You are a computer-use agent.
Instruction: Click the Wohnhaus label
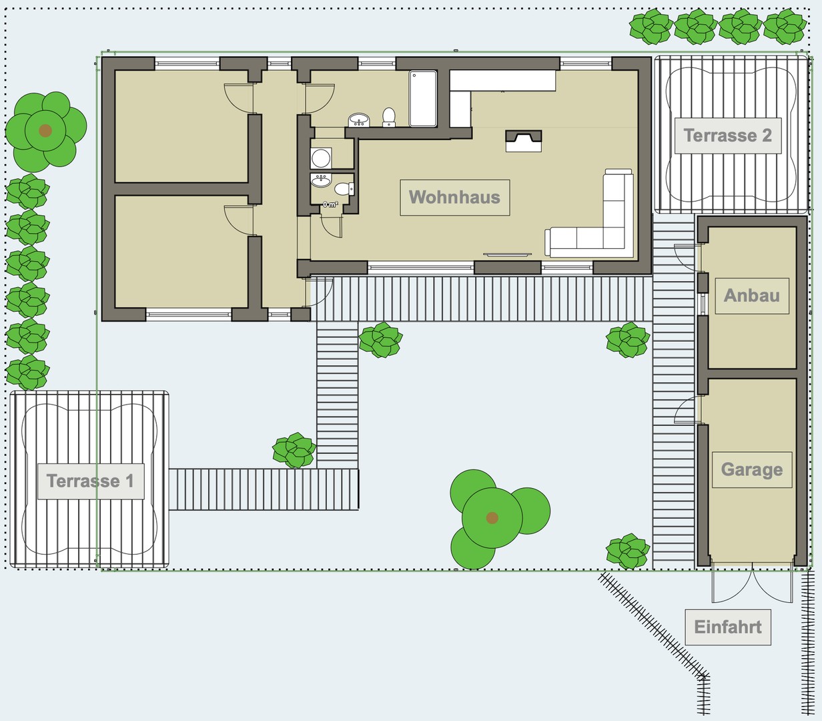pyautogui.click(x=454, y=197)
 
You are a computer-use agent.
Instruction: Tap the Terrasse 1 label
pyautogui.click(x=90, y=481)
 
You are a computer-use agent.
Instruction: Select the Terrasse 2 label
pyautogui.click(x=727, y=136)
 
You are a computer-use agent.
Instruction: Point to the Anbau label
pyautogui.click(x=751, y=295)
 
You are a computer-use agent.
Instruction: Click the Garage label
pyautogui.click(x=751, y=469)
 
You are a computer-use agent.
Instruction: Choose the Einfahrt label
pyautogui.click(x=727, y=627)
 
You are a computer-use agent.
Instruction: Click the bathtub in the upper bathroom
pyautogui.click(x=423, y=99)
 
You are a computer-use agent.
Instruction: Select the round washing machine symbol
pyautogui.click(x=321, y=158)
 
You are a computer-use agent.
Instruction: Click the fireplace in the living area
pyautogui.click(x=524, y=140)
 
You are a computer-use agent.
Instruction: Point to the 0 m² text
pyautogui.click(x=330, y=204)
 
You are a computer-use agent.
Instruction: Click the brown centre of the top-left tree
pyautogui.click(x=45, y=130)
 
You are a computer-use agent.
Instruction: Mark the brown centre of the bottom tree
pyautogui.click(x=492, y=517)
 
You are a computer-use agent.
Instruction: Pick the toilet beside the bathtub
pyautogui.click(x=389, y=117)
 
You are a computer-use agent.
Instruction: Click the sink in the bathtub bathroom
pyautogui.click(x=359, y=120)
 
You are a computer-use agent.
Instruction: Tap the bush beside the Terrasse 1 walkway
pyautogui.click(x=294, y=451)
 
